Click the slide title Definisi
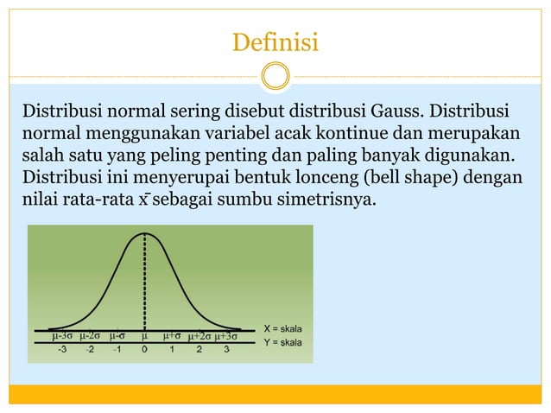tap(275, 41)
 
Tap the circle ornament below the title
tap(275, 76)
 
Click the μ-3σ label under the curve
tap(62, 335)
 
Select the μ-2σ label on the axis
tap(90, 335)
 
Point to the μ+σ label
tap(171, 335)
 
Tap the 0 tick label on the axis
tap(144, 350)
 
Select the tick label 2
tap(199, 350)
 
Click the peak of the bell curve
tap(144, 233)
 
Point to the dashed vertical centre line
tap(144, 285)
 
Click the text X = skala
tap(282, 329)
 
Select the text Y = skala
tap(282, 342)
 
